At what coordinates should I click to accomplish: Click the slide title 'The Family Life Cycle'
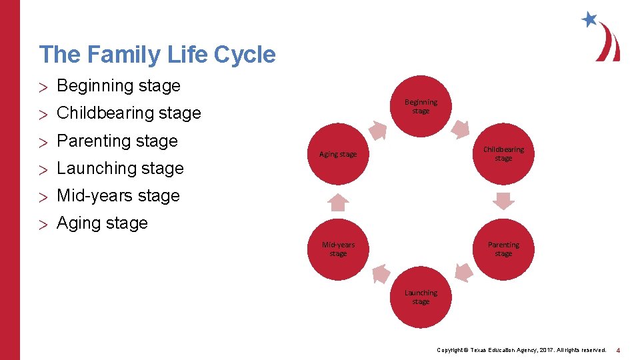(x=157, y=55)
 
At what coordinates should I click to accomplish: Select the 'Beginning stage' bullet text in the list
(x=119, y=86)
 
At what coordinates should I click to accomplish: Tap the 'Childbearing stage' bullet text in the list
(x=129, y=113)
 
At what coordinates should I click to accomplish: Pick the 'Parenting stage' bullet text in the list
(x=117, y=141)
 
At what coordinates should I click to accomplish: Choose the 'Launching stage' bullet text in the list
(x=120, y=169)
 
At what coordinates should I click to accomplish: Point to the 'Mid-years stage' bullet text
(x=118, y=196)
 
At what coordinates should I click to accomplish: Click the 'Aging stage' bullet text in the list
(x=102, y=223)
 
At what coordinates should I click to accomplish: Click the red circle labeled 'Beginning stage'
(x=421, y=107)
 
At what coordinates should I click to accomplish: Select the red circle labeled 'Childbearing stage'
(x=503, y=154)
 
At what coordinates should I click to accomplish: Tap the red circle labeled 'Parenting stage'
(x=503, y=249)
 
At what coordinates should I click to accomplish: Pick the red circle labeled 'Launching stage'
(x=421, y=297)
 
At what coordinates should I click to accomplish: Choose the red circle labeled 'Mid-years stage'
(x=338, y=249)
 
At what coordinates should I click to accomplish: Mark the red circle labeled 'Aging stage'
(x=338, y=154)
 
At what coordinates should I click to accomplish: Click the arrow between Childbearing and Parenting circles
(x=503, y=201)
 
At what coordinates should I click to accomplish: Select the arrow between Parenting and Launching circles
(x=463, y=273)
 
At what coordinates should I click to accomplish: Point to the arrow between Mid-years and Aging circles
(x=339, y=202)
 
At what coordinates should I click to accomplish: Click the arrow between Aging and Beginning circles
(x=379, y=131)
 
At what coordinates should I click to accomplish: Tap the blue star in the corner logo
(x=589, y=19)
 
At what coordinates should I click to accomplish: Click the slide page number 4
(x=618, y=350)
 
